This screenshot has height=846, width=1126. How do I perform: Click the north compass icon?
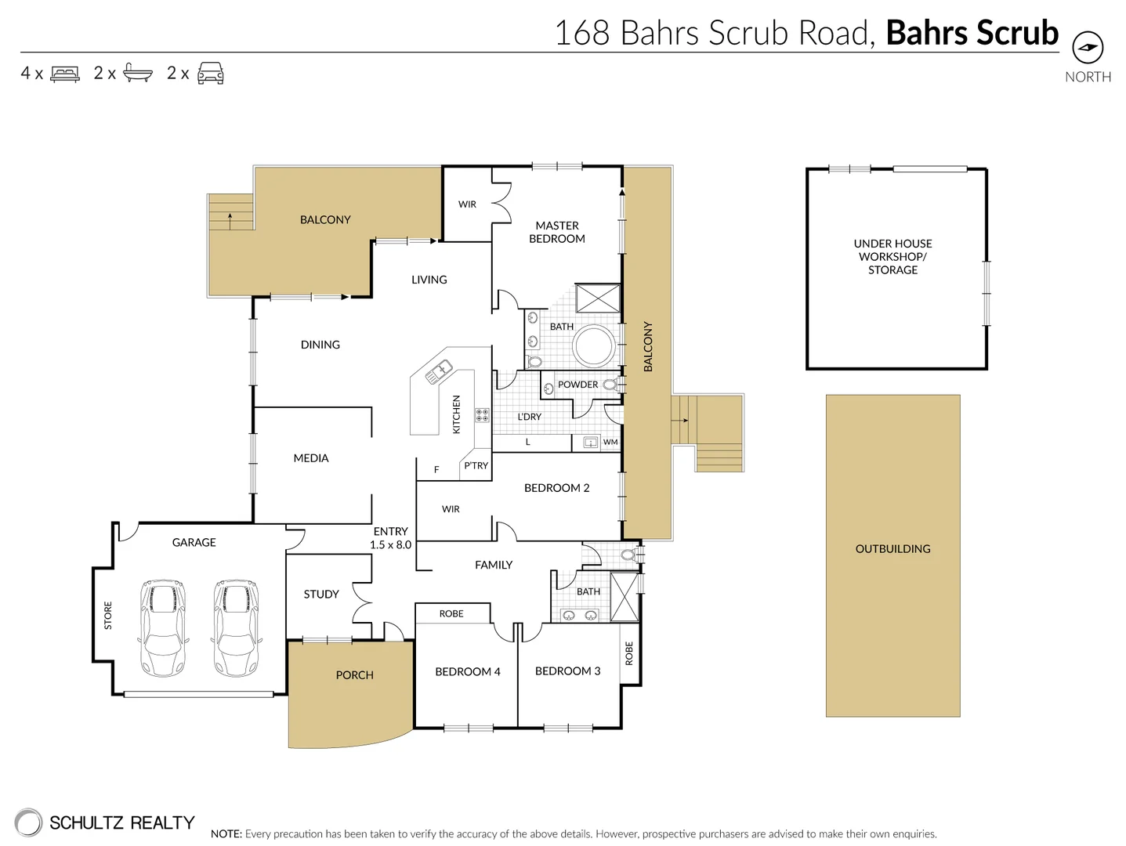(x=1087, y=48)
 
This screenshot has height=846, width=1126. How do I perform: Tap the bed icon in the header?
(x=65, y=74)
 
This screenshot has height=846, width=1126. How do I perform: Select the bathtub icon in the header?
(x=138, y=74)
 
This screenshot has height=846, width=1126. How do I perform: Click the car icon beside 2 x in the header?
(x=211, y=74)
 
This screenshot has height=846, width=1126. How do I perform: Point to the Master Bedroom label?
(x=557, y=232)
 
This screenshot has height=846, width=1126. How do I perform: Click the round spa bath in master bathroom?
(x=595, y=345)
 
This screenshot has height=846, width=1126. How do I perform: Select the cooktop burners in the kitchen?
(x=482, y=414)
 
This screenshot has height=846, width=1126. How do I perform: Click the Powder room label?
(x=577, y=385)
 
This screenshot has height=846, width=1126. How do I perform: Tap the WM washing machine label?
(x=610, y=443)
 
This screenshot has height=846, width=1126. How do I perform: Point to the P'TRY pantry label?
(x=476, y=465)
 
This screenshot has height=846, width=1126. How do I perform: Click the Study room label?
(x=321, y=594)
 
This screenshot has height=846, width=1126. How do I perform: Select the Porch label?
(x=354, y=674)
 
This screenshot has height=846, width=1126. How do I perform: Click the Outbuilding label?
(x=892, y=548)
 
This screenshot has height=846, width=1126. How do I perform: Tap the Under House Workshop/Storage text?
(x=892, y=256)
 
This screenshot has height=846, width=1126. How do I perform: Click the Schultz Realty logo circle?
(x=28, y=822)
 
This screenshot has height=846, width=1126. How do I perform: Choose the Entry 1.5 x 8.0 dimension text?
(x=390, y=538)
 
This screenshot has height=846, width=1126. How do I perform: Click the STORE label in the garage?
(x=108, y=616)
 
